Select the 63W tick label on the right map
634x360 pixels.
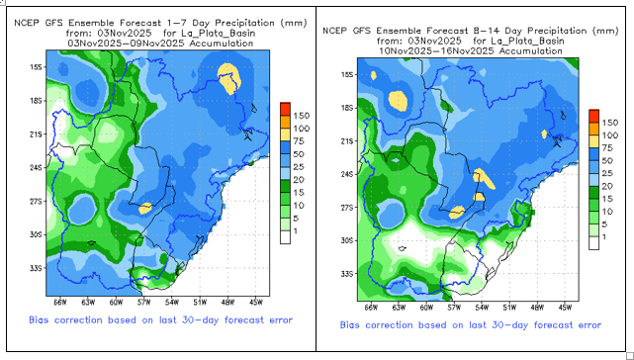coord(399,308)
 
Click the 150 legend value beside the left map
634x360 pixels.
coord(302,116)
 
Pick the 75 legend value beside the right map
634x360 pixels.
coord(607,148)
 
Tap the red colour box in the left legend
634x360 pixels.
coord(285,109)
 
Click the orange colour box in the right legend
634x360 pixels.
coord(594,129)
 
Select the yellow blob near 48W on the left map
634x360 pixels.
coord(229,78)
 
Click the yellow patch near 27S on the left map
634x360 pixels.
coord(144,209)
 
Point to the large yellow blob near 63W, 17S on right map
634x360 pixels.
coord(398,101)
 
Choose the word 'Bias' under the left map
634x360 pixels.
coord(39,320)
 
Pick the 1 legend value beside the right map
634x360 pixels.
coord(604,237)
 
